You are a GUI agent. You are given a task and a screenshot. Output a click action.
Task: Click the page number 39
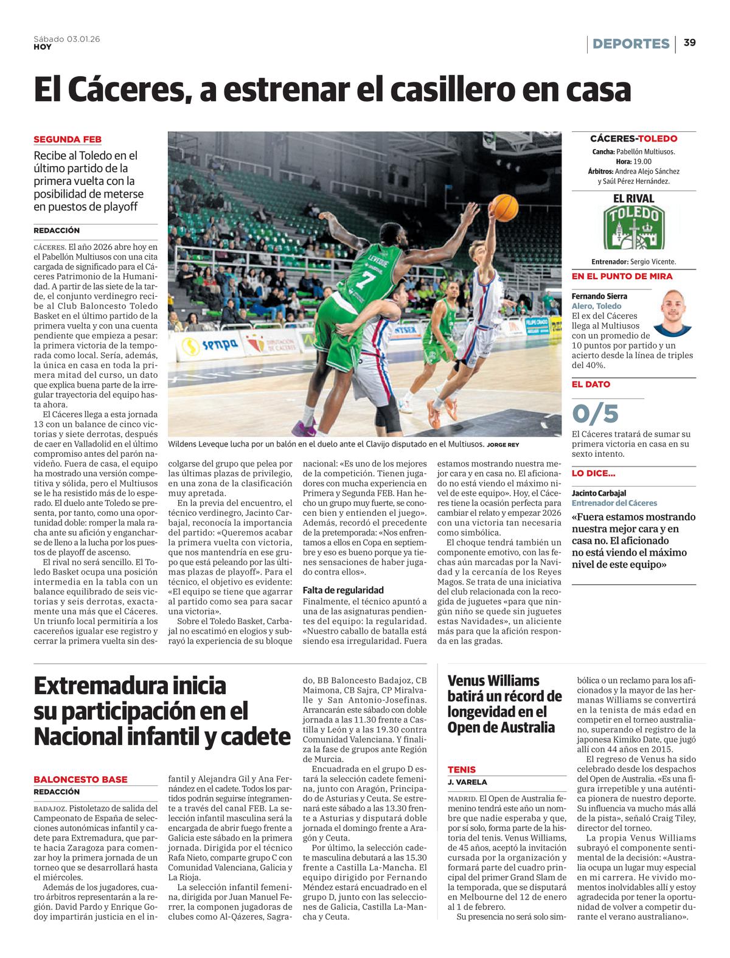(x=689, y=43)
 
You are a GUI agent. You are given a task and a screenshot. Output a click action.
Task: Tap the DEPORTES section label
(x=631, y=44)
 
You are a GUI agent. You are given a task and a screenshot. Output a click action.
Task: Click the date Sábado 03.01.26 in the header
(x=67, y=38)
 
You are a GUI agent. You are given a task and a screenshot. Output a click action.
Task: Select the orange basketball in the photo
(x=504, y=207)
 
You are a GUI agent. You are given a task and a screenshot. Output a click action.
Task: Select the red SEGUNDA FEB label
(x=67, y=139)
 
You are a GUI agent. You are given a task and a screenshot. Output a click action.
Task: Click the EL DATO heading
(x=591, y=384)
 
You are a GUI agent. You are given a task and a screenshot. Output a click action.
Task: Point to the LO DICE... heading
(x=593, y=473)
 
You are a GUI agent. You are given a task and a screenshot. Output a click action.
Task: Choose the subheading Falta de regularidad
(x=343, y=589)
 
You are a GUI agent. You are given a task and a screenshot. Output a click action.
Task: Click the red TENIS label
(x=462, y=769)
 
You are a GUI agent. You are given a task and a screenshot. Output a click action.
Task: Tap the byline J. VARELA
(x=467, y=782)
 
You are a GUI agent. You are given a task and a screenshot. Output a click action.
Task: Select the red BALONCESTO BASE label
(x=80, y=779)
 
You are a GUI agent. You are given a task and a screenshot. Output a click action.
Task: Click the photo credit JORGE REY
(x=503, y=445)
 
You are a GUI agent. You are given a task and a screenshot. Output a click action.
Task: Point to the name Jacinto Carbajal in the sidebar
(x=599, y=493)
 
